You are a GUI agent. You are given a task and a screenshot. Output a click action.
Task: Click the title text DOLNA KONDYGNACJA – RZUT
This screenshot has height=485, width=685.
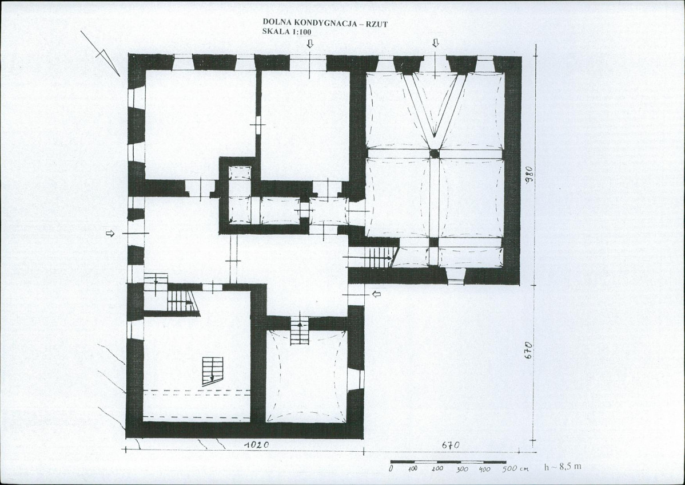pos(325,22)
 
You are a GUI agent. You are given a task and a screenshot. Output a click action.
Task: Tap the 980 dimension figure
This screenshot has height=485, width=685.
pos(529,175)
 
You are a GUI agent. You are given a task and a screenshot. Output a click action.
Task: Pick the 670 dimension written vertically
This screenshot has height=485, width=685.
pos(528,351)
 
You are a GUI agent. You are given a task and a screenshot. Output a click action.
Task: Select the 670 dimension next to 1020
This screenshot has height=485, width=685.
pos(451,445)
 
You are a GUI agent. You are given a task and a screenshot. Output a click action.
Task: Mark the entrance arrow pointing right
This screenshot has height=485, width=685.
pos(110,234)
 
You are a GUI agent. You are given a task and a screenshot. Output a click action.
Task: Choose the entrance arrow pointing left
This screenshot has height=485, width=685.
pos(376,294)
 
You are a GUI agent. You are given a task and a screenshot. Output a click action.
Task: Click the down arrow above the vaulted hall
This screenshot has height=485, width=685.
pos(435,42)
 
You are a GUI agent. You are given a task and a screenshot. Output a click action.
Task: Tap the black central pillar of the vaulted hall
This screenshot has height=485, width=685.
pos(434,153)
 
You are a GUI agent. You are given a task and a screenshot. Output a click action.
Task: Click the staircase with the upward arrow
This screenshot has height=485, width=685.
pos(299,330)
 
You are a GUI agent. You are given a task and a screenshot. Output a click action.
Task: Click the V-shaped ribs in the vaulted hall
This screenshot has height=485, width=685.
pos(434,105)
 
